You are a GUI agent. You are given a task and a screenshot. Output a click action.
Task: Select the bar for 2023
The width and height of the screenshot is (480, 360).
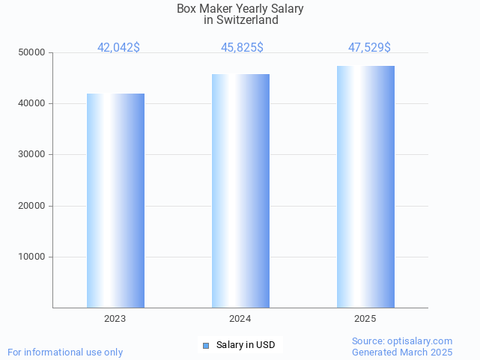click(115, 201)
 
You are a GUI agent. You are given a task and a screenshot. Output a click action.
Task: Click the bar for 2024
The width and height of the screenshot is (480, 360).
click(240, 191)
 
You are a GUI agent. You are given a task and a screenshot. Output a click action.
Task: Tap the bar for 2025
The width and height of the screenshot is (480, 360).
click(365, 186)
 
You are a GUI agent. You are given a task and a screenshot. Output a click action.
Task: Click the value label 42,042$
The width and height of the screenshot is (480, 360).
click(118, 48)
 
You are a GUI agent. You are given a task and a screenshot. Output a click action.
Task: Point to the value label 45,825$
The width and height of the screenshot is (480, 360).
click(242, 48)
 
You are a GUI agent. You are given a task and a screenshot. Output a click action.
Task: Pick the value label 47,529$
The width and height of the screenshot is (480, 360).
click(369, 48)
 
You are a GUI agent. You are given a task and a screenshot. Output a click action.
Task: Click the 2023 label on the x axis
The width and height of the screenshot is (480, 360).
click(115, 319)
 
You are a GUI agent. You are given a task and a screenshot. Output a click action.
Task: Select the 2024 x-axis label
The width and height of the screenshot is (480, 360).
click(240, 319)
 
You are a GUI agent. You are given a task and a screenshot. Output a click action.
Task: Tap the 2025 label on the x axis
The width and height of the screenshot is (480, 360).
click(365, 319)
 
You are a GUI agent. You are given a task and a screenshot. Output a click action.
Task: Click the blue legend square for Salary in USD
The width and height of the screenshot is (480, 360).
click(206, 345)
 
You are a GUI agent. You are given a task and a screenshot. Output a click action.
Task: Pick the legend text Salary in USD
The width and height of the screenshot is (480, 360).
click(246, 345)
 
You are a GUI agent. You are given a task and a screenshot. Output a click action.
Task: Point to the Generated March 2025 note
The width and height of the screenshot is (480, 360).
click(402, 352)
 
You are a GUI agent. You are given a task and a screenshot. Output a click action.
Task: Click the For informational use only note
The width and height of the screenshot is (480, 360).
click(65, 352)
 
